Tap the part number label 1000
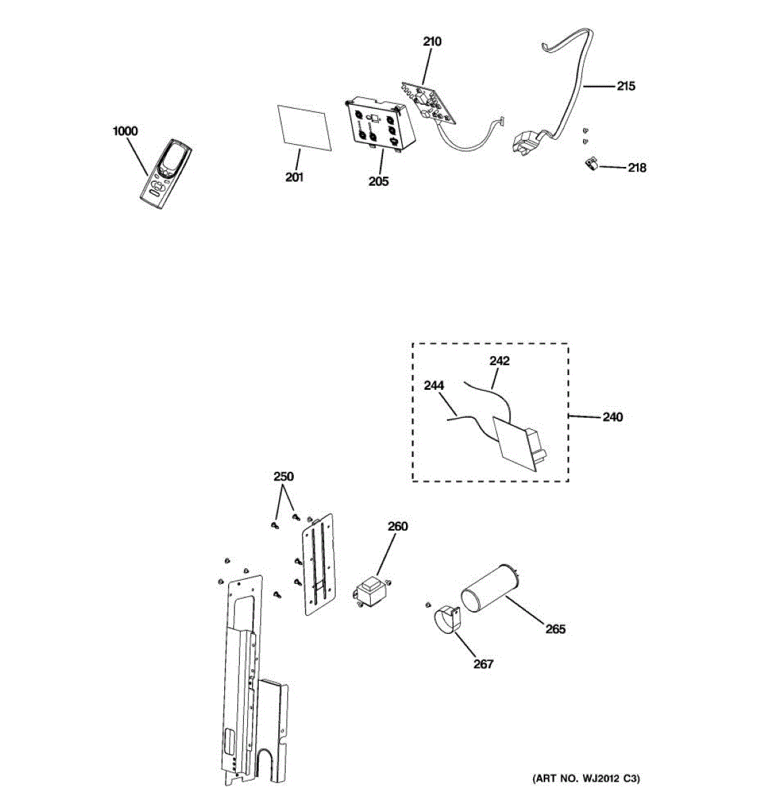click(x=125, y=131)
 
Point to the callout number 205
click(x=378, y=181)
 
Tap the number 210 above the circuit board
click(x=432, y=42)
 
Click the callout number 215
click(x=626, y=87)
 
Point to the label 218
click(x=636, y=168)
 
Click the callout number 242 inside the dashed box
click(x=499, y=361)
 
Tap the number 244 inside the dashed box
click(x=434, y=386)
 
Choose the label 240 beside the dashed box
click(x=612, y=417)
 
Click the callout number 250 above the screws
click(x=284, y=476)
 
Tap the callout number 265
click(x=555, y=629)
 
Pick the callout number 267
click(x=483, y=664)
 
